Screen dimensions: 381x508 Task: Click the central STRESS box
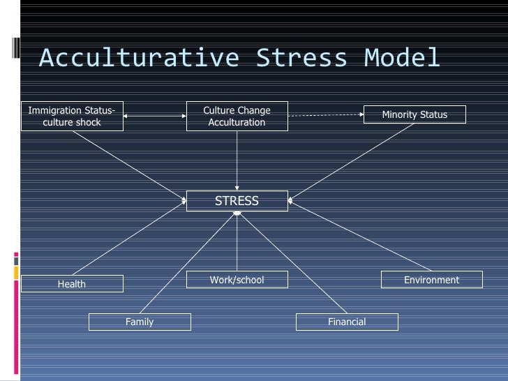click(237, 201)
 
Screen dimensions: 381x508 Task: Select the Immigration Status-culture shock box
click(72, 116)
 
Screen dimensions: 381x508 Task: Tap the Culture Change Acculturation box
click(237, 116)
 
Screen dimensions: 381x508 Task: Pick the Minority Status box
click(414, 114)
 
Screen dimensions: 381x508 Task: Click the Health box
click(72, 283)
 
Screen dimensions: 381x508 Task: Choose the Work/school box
click(237, 280)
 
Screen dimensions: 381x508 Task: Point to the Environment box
click(431, 280)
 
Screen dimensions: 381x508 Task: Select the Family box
click(140, 322)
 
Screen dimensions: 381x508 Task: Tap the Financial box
click(347, 322)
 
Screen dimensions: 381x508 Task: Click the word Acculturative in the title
click(139, 57)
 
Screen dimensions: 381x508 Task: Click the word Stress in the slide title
click(301, 57)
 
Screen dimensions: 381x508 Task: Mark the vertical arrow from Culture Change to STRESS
click(237, 160)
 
